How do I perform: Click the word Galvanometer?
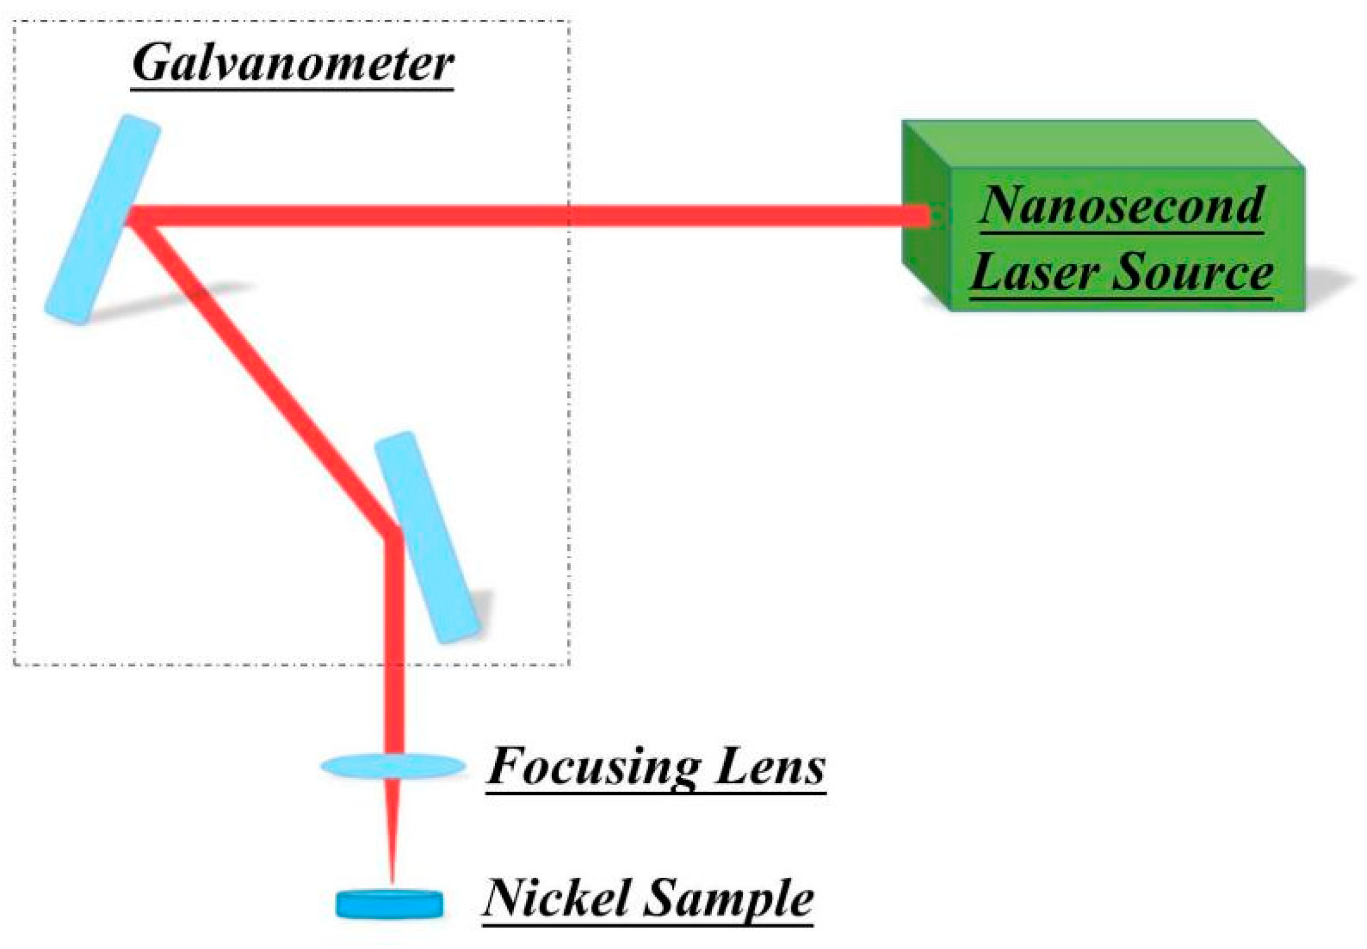pyautogui.click(x=293, y=63)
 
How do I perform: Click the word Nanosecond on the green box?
pyautogui.click(x=1122, y=206)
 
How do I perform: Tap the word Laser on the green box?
pyautogui.click(x=1034, y=272)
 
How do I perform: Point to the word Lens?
pyautogui.click(x=770, y=766)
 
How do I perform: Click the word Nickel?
pyautogui.click(x=556, y=898)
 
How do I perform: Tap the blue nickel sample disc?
pyautogui.click(x=389, y=904)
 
